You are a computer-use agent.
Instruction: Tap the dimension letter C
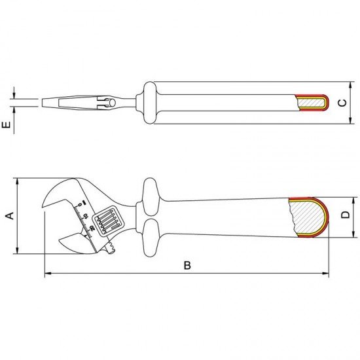click(340, 103)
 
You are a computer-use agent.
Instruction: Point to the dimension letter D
click(345, 214)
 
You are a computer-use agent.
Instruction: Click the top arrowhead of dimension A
click(20, 180)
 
